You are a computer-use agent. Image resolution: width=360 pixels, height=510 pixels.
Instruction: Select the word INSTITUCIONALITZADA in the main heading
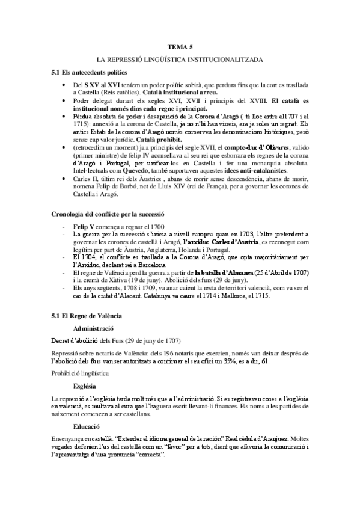coord(227,61)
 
